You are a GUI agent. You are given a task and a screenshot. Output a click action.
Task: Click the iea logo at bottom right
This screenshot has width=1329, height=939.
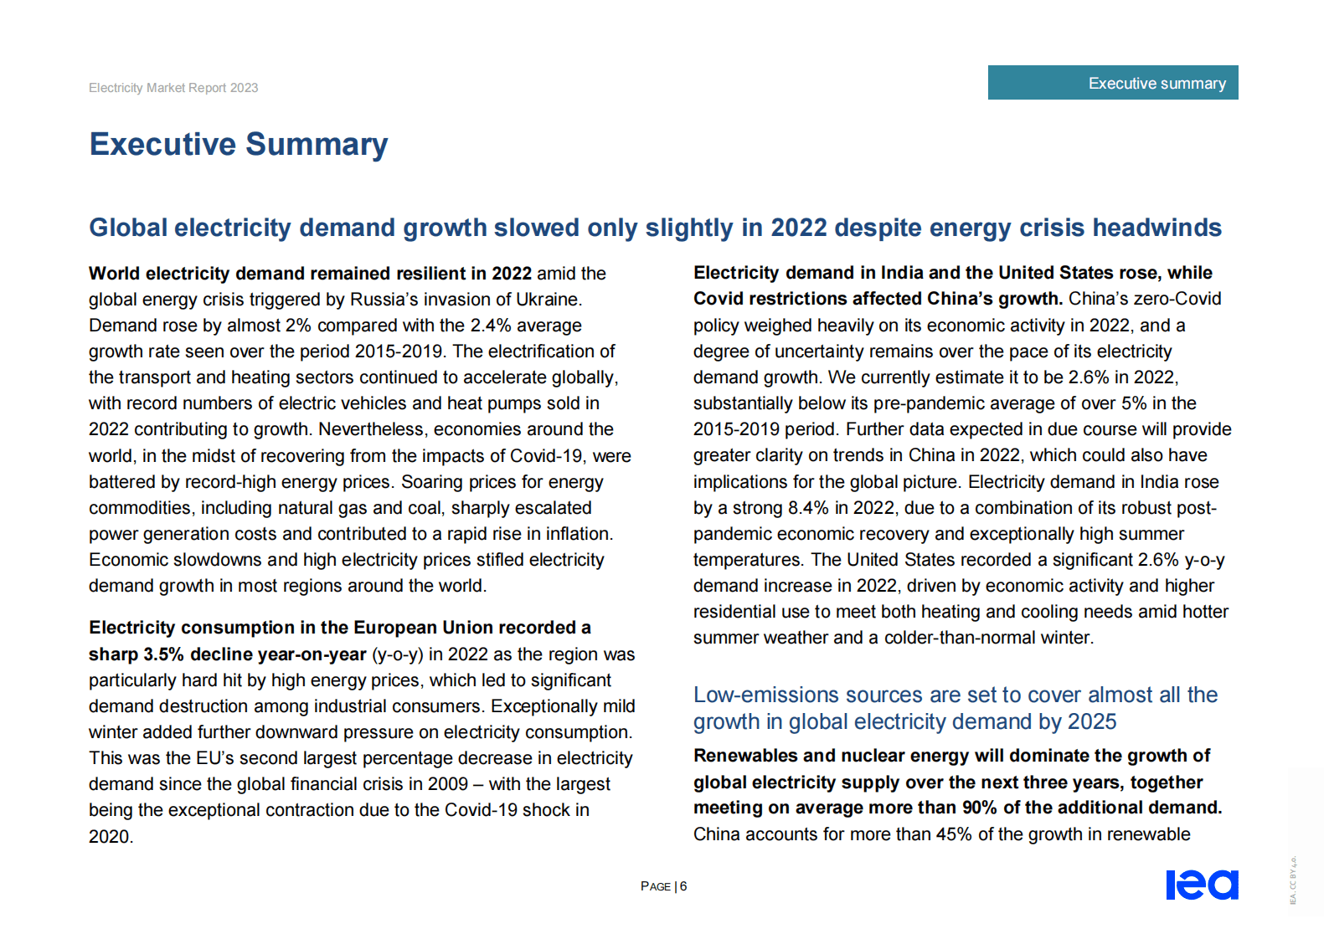pos(1202,885)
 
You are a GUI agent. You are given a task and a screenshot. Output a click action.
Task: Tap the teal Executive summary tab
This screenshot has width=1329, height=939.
pos(1113,83)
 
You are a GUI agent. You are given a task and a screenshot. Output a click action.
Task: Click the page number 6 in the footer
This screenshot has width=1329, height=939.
pos(683,886)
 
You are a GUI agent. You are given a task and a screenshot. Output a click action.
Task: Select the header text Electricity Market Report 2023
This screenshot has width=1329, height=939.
pos(173,88)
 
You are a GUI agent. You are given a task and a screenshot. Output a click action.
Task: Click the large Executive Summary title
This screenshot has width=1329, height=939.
pos(239,145)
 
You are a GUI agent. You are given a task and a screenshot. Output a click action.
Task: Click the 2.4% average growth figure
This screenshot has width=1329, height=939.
pos(491,326)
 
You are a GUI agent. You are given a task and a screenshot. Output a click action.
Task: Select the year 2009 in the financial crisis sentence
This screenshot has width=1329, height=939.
pos(447,784)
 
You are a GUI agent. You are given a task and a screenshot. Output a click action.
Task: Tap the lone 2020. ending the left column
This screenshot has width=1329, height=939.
pos(111,837)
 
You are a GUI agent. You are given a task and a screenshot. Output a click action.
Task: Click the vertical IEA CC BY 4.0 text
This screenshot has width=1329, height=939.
pos(1292,880)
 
